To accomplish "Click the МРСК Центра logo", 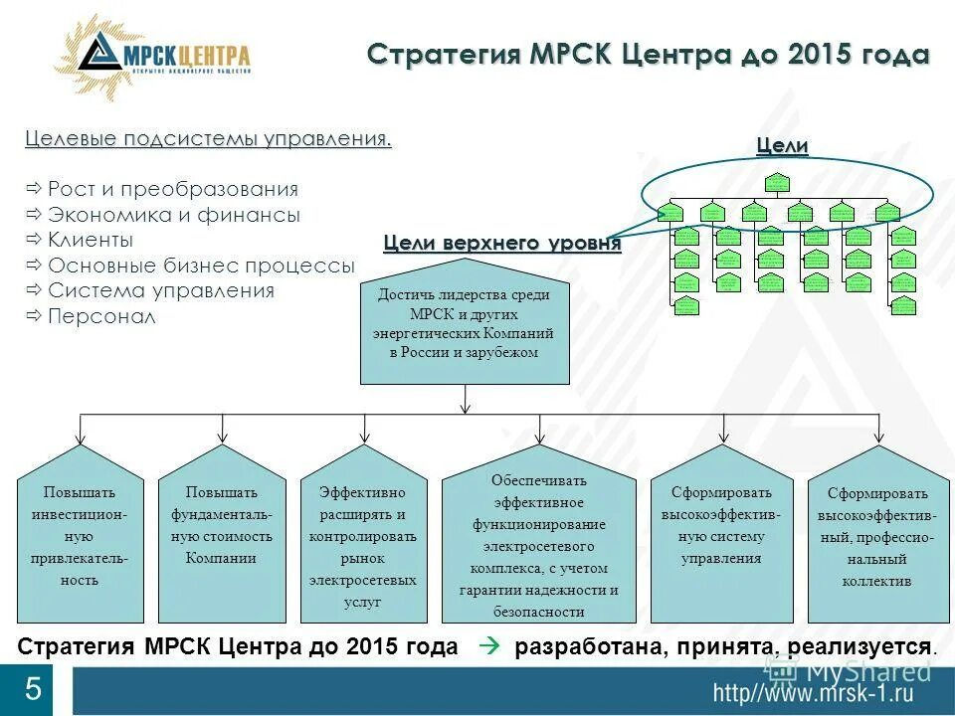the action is pyautogui.click(x=153, y=58).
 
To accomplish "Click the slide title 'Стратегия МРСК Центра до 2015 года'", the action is pyautogui.click(x=648, y=54).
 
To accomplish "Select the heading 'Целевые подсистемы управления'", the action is pyautogui.click(x=208, y=138).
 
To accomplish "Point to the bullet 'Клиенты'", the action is pyautogui.click(x=91, y=240).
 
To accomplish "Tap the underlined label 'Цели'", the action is pyautogui.click(x=782, y=146).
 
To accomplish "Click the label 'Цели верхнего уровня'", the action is pyautogui.click(x=502, y=244).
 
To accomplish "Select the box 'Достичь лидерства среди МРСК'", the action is pyautogui.click(x=464, y=323).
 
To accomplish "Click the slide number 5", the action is pyautogui.click(x=33, y=688).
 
